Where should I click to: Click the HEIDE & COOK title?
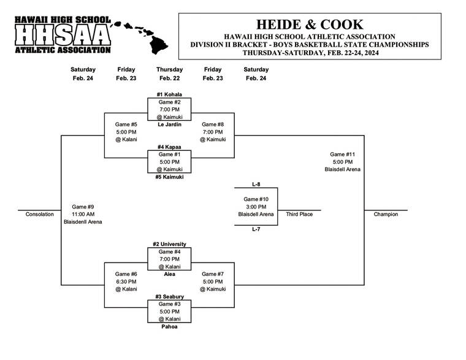(310, 25)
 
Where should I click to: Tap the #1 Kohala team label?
(169, 94)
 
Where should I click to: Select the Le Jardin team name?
(169, 124)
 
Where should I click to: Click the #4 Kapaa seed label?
(169, 147)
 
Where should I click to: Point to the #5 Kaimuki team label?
(169, 177)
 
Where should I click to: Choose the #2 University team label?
(169, 244)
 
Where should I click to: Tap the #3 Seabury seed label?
(169, 297)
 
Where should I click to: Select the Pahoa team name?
(169, 327)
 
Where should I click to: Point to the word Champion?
(386, 214)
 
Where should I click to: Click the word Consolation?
(40, 214)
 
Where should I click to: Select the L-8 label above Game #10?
(256, 184)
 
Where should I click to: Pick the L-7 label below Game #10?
(256, 229)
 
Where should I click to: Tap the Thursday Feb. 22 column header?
(169, 74)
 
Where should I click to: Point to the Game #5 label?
(126, 124)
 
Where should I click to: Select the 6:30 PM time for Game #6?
(126, 281)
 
